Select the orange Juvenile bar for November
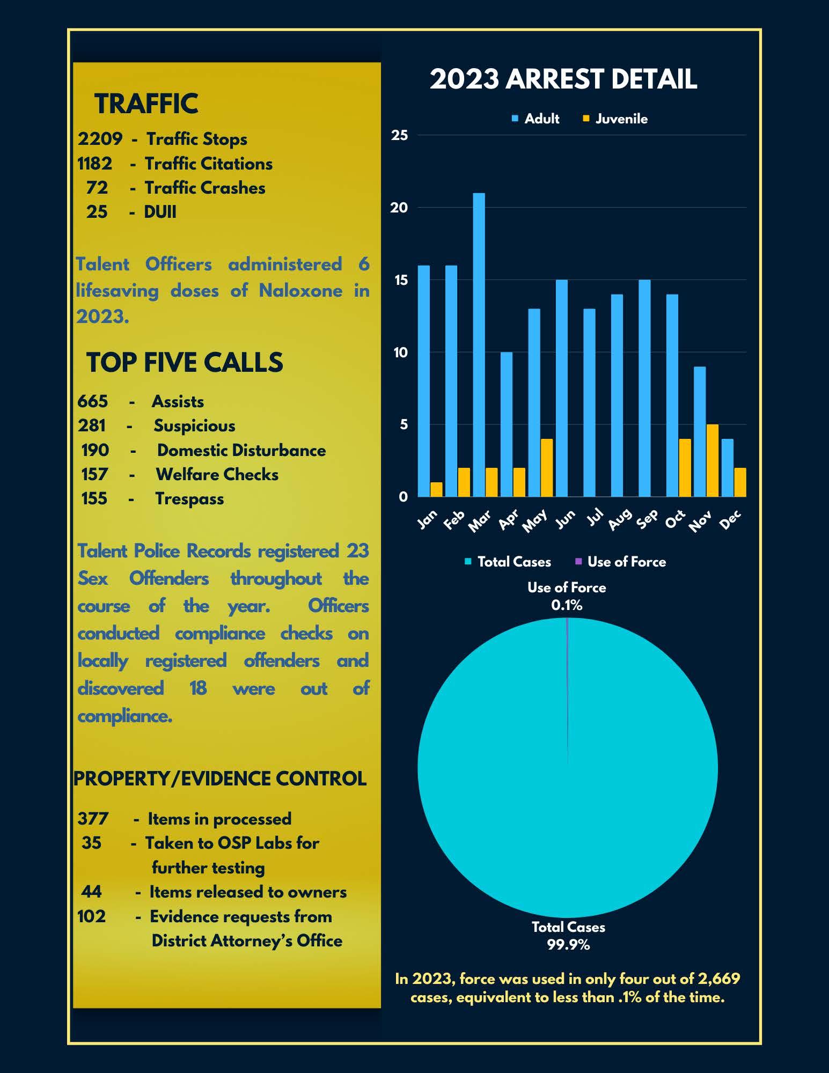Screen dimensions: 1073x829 tap(712, 460)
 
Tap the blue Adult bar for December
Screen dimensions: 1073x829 tap(727, 467)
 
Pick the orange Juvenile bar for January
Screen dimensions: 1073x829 tap(436, 489)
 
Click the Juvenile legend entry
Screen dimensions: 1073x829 tap(615, 119)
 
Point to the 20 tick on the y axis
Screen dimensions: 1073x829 tap(399, 208)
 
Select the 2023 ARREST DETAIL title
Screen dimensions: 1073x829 tap(563, 79)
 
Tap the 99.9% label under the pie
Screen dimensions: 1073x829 tap(568, 945)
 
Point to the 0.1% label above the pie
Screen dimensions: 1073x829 tap(567, 605)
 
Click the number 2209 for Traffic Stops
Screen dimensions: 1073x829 tap(100, 139)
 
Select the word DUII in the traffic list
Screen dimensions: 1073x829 tap(160, 212)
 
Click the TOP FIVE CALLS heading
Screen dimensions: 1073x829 tap(185, 362)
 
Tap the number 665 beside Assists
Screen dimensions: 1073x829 tap(92, 401)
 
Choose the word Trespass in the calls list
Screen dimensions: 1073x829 tap(189, 498)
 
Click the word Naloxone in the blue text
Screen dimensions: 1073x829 tap(300, 291)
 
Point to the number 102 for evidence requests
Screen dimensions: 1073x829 tap(92, 916)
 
